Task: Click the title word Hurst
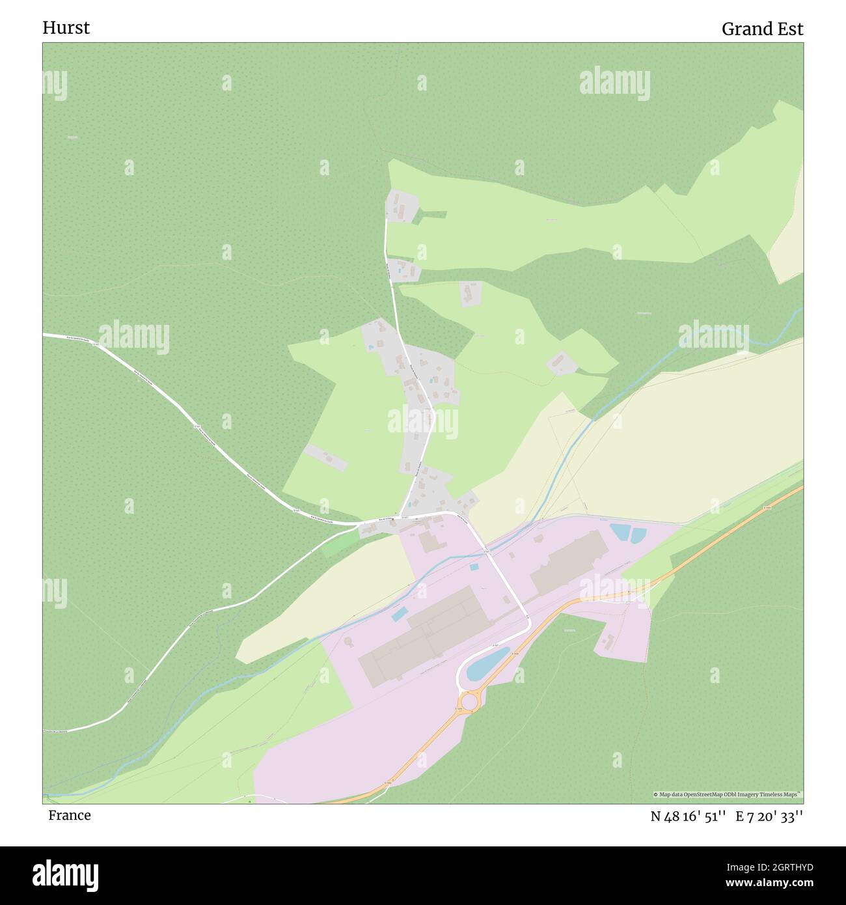[66, 28]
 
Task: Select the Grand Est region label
[762, 29]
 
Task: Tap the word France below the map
[69, 816]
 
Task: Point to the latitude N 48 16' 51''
[688, 816]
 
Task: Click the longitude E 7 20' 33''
[769, 816]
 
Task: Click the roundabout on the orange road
[469, 701]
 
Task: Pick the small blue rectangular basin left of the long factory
[399, 613]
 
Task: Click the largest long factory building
[423, 635]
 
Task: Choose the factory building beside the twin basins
[568, 561]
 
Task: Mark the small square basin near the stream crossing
[474, 567]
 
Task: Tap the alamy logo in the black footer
[66, 874]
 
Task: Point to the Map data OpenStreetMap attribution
[728, 794]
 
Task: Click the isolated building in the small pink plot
[608, 641]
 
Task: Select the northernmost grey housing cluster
[402, 206]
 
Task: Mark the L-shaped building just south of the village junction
[428, 541]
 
